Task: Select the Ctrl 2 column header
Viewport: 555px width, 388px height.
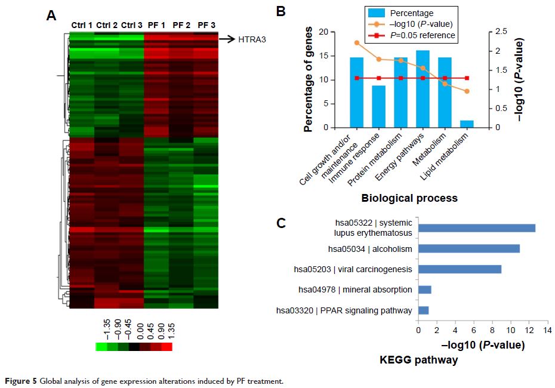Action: point(107,25)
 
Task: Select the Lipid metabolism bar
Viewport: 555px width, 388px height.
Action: point(467,124)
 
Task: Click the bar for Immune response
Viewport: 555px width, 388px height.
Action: point(379,106)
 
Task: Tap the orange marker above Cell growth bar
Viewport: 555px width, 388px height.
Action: point(356,43)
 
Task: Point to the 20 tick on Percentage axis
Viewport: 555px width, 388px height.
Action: point(323,32)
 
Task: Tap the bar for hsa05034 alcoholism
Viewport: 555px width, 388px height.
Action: point(469,248)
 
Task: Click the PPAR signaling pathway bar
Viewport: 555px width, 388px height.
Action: point(424,310)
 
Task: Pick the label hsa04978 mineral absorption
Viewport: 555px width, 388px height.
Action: point(355,290)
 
